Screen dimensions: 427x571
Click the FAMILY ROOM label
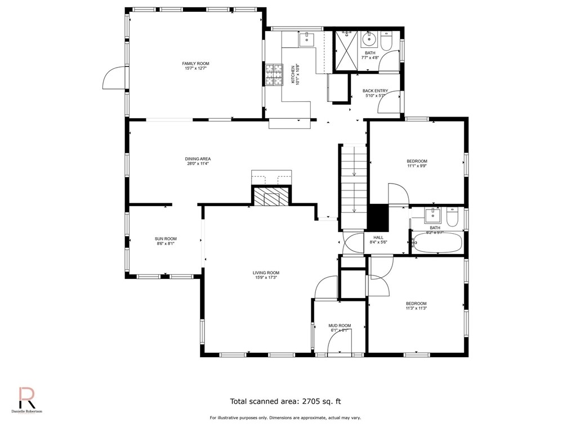coord(195,64)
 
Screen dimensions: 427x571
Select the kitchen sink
coord(307,38)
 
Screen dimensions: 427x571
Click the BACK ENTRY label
coord(374,91)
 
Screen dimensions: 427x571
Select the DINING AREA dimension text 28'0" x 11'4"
coord(198,164)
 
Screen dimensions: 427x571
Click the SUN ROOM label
coord(166,239)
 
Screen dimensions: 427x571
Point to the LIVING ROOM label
coord(265,273)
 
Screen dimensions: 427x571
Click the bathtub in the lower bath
coord(438,243)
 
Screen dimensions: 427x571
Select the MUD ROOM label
coord(340,325)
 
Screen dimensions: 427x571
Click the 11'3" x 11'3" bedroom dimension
coord(416,308)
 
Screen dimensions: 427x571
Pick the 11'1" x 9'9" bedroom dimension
coord(417,166)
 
